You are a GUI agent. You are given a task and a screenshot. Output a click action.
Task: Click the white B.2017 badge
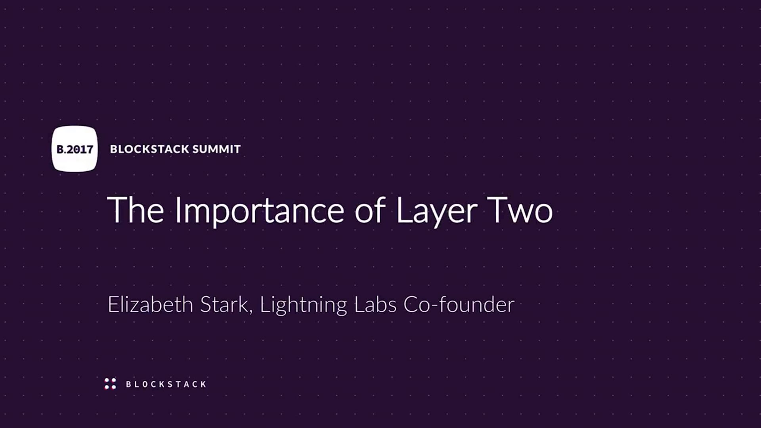click(x=75, y=149)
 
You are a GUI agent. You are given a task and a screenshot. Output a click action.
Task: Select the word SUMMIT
click(x=216, y=149)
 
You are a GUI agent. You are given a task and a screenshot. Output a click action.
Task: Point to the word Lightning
click(x=303, y=306)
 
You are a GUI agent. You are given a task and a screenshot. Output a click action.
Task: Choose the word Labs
click(x=375, y=304)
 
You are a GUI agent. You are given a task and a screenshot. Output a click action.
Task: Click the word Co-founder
click(x=459, y=304)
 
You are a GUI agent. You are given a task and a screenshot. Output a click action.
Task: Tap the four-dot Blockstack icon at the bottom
click(x=110, y=384)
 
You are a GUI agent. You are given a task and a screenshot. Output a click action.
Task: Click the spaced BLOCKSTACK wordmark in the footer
click(x=166, y=384)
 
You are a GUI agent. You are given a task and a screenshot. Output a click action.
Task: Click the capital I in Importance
click(x=177, y=210)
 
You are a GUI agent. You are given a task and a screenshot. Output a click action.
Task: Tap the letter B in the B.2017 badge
click(x=60, y=149)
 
